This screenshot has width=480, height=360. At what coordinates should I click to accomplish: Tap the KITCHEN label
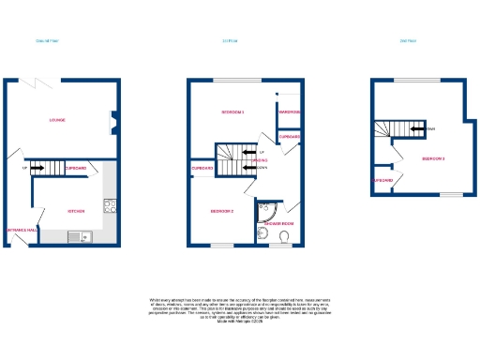click(76, 211)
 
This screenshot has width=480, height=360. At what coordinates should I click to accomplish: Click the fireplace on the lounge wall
click(114, 120)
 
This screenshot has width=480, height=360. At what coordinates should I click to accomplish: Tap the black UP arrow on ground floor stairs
click(37, 170)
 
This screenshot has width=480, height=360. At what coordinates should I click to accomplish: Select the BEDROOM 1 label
click(232, 113)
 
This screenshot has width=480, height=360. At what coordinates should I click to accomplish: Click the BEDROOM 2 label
click(221, 212)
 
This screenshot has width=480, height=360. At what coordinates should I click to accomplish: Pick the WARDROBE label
click(288, 114)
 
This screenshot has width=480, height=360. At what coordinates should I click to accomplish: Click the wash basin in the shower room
click(262, 238)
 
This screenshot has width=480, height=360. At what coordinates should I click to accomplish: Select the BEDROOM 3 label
click(433, 159)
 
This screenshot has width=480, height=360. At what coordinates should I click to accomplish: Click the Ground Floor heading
click(47, 40)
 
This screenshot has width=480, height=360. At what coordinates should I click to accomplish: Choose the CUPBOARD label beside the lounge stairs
click(77, 169)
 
